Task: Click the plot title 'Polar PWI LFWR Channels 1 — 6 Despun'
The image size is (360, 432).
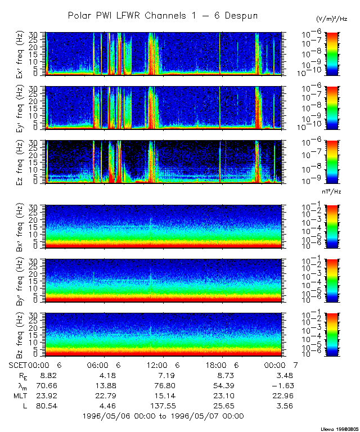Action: [x=163, y=16]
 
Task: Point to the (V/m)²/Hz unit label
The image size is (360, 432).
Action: [x=332, y=20]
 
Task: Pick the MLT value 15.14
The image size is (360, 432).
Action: [x=163, y=395]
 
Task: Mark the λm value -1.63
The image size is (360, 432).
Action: [x=280, y=385]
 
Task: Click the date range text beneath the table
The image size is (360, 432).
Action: [x=163, y=416]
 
